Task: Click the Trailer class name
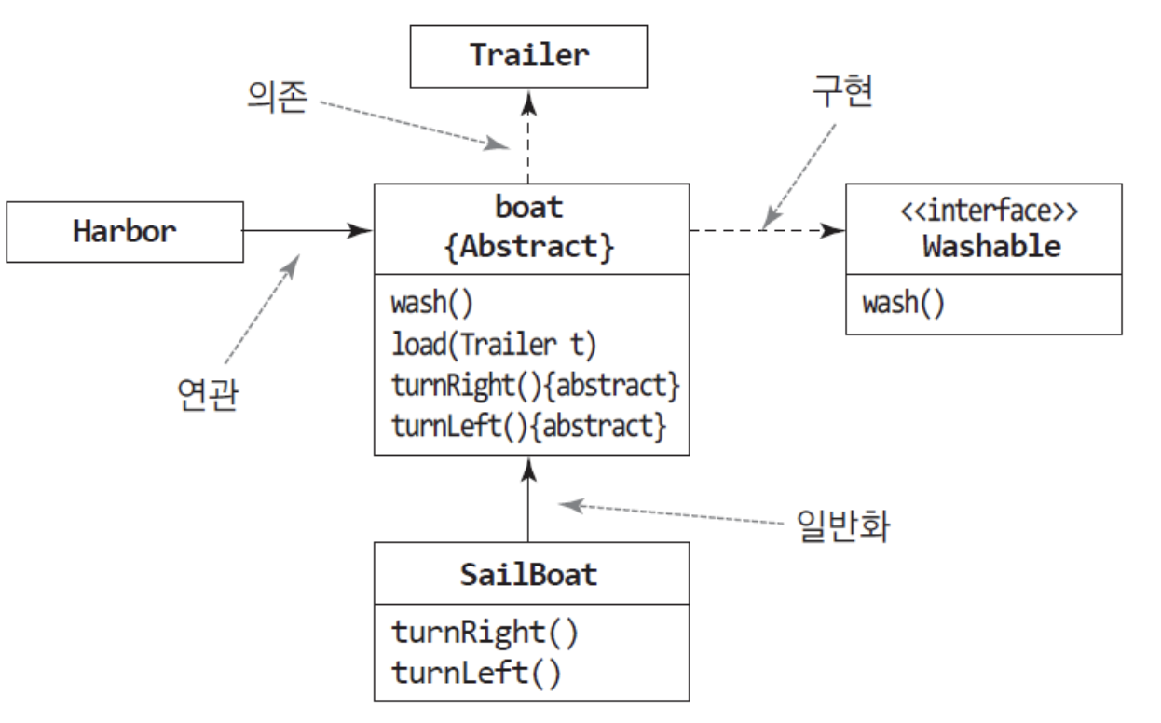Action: (x=529, y=55)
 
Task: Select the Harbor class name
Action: (x=125, y=231)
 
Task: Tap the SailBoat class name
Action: (x=528, y=574)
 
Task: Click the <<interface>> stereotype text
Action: (x=990, y=211)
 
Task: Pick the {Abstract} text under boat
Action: (x=529, y=247)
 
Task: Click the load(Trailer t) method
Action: (x=494, y=345)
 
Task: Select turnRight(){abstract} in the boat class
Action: (x=536, y=386)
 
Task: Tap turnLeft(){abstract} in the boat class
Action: (x=528, y=427)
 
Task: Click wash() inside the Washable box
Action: (x=904, y=303)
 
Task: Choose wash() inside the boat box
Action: (x=431, y=303)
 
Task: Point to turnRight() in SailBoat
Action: (x=485, y=634)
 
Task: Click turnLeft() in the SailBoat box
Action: (x=476, y=674)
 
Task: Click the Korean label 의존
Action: (x=278, y=97)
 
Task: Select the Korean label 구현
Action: (x=842, y=90)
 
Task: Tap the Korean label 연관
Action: (x=208, y=394)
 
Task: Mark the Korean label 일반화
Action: (x=843, y=525)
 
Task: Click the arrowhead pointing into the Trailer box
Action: (x=528, y=102)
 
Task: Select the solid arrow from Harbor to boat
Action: (x=307, y=231)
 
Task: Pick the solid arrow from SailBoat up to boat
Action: (x=528, y=499)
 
